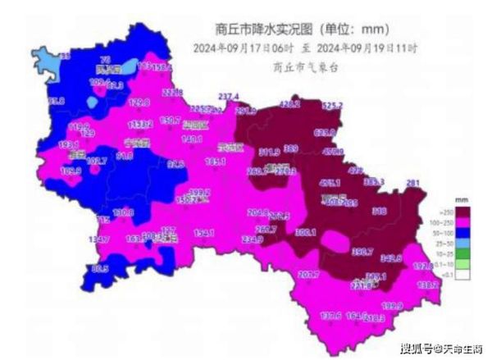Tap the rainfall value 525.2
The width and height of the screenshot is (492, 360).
coord(332,106)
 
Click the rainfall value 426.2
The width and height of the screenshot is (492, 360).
coord(290,105)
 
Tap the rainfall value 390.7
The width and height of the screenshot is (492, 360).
coord(363,252)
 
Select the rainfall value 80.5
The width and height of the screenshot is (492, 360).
coord(100,268)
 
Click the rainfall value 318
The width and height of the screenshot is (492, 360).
coord(380,212)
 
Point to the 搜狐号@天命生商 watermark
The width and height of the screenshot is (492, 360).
coord(439,348)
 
